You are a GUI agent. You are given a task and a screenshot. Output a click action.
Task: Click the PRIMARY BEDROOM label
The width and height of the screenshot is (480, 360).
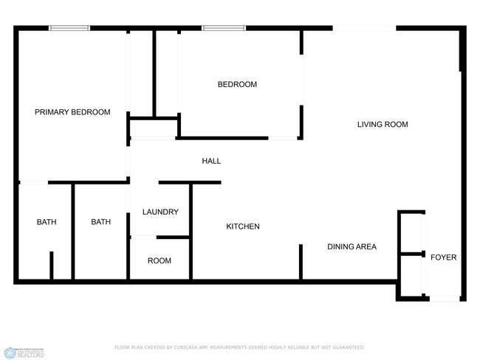point(72,112)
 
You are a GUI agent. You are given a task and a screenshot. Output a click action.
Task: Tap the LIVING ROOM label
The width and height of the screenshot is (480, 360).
point(383,125)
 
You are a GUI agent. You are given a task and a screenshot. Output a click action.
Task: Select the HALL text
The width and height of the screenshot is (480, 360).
point(211,161)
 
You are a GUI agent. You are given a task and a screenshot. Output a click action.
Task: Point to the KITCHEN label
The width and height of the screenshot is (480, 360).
point(242,226)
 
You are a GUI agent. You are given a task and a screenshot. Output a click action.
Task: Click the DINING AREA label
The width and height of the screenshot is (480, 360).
point(352,246)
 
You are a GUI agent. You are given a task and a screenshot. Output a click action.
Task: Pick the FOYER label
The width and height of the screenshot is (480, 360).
point(444,257)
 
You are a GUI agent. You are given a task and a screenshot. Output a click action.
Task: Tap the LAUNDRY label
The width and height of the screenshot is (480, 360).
point(160,212)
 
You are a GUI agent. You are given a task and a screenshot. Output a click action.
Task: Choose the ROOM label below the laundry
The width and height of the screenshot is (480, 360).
point(160,260)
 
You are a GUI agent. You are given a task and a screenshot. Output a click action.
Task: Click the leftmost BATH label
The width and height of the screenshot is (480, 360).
point(47,222)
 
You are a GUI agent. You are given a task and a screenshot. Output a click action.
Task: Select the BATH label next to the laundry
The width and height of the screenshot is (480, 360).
point(100,222)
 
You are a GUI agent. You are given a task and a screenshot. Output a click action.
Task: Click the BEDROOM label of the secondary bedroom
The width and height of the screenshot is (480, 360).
point(237,85)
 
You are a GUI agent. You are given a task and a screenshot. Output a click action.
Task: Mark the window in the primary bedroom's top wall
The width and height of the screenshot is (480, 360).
point(69,28)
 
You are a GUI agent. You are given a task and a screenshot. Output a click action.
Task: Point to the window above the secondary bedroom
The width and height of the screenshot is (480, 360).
point(224,28)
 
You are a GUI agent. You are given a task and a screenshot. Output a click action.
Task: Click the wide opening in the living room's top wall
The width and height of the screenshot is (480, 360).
point(364,28)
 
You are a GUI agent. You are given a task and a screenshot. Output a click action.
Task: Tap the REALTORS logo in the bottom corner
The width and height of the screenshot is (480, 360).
point(24,353)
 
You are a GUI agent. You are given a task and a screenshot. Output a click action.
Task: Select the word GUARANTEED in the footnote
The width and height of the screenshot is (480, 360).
point(346,347)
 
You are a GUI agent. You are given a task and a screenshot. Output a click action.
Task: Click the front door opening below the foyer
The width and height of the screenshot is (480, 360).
point(445,299)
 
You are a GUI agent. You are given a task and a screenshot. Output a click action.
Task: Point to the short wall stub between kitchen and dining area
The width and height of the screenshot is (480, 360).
point(301,261)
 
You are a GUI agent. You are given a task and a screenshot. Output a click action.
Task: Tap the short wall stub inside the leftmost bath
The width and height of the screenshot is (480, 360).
point(51,266)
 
